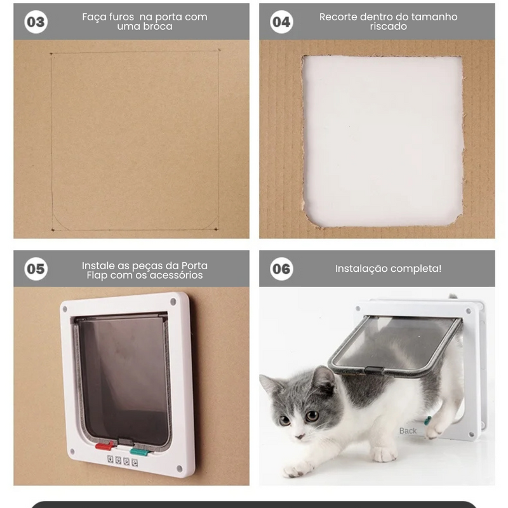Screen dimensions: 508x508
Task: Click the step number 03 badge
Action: click(36, 22)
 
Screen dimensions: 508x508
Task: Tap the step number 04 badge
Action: click(281, 22)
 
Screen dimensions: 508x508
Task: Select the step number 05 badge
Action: click(36, 269)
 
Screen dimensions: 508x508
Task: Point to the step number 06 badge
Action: click(281, 269)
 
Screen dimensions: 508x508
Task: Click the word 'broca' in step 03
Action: click(156, 27)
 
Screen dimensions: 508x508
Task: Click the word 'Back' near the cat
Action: click(408, 431)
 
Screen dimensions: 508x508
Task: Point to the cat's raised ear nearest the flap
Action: click(323, 379)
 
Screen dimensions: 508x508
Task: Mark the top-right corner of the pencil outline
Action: click(218, 51)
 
